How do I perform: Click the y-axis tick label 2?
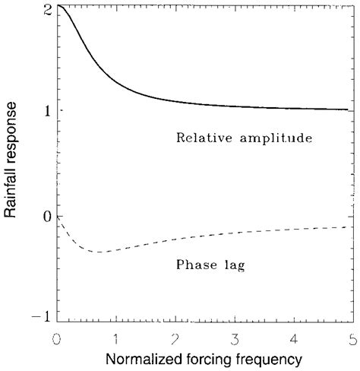tap(47, 8)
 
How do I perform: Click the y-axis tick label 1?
tap(47, 111)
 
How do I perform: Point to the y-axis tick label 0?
tap(47, 217)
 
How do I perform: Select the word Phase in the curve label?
tap(194, 265)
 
